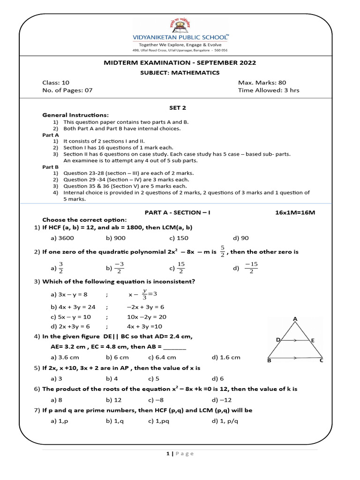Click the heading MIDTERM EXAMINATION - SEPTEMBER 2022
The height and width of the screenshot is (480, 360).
(x=180, y=63)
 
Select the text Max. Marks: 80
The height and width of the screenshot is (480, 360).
(x=261, y=82)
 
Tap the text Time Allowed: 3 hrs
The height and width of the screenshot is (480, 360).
(x=268, y=90)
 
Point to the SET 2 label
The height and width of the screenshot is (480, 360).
(x=180, y=107)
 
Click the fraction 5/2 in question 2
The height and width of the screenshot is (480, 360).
(x=222, y=251)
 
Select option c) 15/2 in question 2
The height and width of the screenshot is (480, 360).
(x=177, y=268)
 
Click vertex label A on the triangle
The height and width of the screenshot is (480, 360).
(x=295, y=319)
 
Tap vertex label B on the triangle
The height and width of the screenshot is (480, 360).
(x=269, y=360)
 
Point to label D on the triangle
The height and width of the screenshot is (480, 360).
(x=278, y=339)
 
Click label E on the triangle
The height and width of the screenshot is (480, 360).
(x=313, y=340)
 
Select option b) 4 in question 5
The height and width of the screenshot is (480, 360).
(x=112, y=378)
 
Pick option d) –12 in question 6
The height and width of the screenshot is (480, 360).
(x=222, y=400)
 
